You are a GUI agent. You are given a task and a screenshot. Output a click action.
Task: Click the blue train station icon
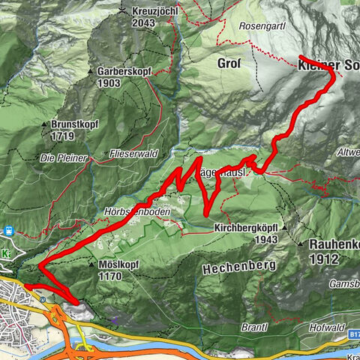point(9,230)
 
